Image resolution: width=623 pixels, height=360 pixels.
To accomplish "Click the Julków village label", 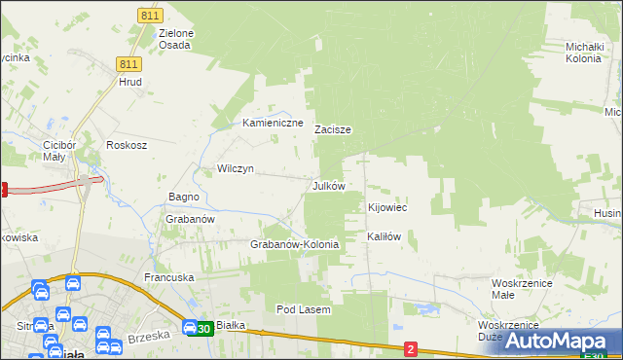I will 328,185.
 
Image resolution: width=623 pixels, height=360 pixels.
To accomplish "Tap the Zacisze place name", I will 332,128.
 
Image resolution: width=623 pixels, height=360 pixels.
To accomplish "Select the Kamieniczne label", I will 274,123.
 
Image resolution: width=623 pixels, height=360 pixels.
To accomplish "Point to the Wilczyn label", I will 236,168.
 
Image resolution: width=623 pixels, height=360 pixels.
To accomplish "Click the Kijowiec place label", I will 386,208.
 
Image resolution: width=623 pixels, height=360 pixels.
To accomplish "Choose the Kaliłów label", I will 384,236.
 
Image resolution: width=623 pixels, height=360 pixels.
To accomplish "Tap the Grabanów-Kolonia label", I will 295,244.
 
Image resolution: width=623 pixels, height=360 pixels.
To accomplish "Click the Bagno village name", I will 184,197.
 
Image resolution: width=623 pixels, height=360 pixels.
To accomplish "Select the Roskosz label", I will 127,145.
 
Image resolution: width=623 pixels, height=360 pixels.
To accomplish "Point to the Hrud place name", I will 130,82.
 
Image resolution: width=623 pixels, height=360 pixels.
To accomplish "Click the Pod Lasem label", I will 304,309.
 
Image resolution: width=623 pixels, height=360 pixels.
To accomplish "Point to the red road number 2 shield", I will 411,348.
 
